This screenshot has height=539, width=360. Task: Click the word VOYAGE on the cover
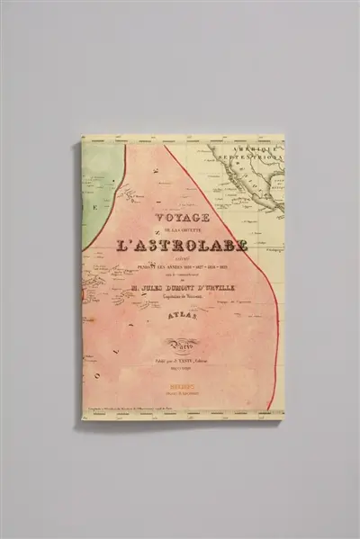pos(183,217)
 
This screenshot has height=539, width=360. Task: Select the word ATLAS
pos(184,315)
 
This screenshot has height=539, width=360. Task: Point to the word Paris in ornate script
pos(184,343)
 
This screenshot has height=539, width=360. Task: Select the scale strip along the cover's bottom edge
pos(180,411)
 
